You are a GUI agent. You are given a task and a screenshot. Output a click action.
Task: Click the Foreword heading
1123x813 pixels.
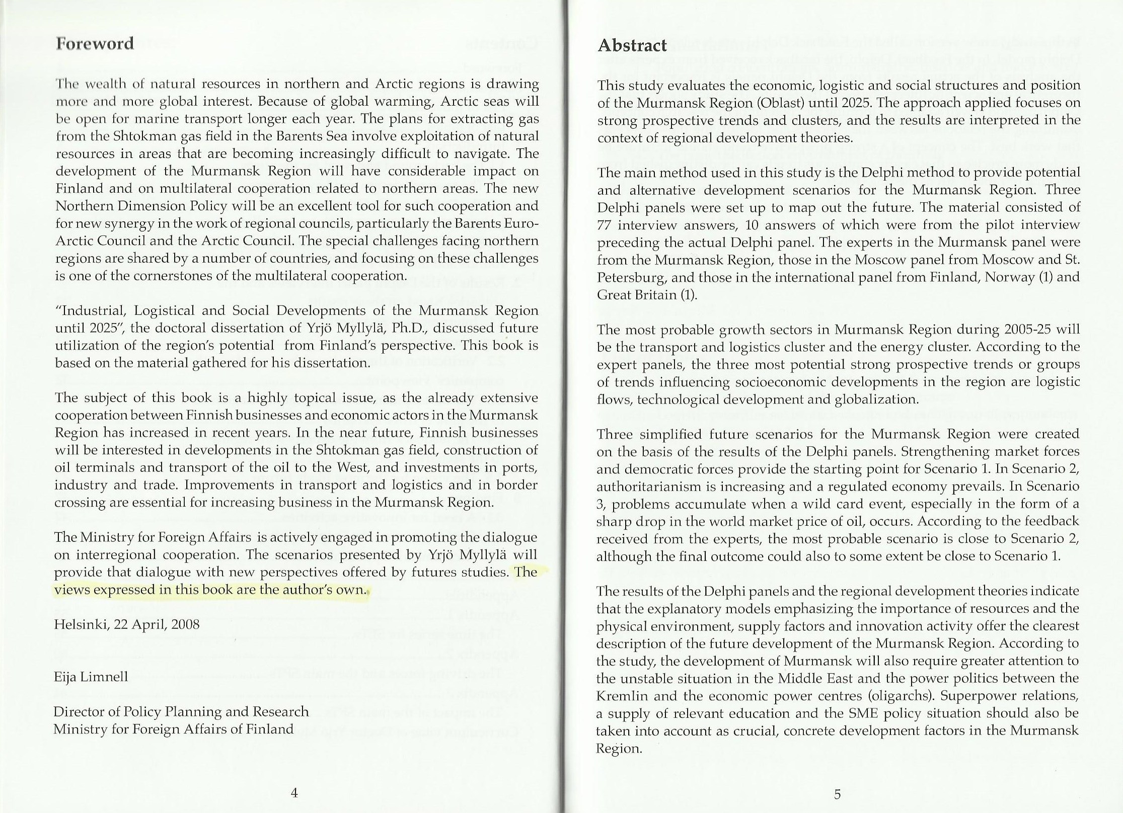pyautogui.click(x=95, y=43)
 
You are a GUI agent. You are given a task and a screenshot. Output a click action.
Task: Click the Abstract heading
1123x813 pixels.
pyautogui.click(x=632, y=45)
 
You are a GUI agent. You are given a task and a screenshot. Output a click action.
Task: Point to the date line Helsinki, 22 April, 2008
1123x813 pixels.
pyautogui.click(x=127, y=625)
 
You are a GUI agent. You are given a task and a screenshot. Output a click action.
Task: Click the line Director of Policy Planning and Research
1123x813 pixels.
pyautogui.click(x=181, y=712)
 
